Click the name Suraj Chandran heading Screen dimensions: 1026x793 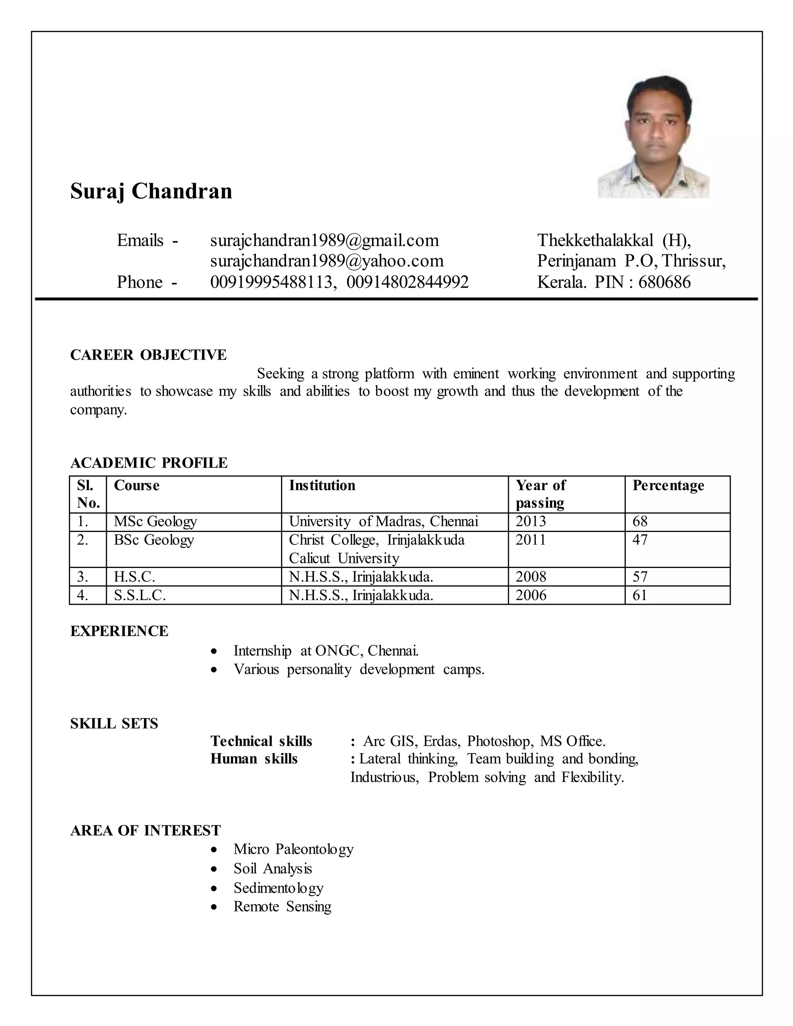(x=151, y=191)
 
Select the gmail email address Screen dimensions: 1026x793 (x=324, y=240)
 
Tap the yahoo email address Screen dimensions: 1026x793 (x=326, y=261)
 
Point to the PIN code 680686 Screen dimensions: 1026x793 (x=664, y=282)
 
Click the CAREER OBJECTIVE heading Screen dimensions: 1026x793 (x=148, y=355)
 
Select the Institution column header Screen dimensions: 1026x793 (x=322, y=485)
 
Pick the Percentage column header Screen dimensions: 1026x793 (x=668, y=485)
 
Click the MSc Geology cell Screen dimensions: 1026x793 (x=156, y=522)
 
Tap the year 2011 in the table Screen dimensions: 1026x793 (x=531, y=540)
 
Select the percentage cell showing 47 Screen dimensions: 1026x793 (x=640, y=540)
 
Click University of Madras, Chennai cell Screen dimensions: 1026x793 (x=383, y=522)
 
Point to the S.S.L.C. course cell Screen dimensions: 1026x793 (x=140, y=595)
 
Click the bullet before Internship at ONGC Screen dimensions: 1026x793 (x=214, y=652)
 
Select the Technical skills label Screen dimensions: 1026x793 (x=261, y=741)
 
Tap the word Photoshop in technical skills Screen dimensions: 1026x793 (x=499, y=741)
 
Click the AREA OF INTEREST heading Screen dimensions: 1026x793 (x=145, y=830)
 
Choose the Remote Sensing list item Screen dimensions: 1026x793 (x=282, y=907)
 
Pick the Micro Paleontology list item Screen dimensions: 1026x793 (x=294, y=849)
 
